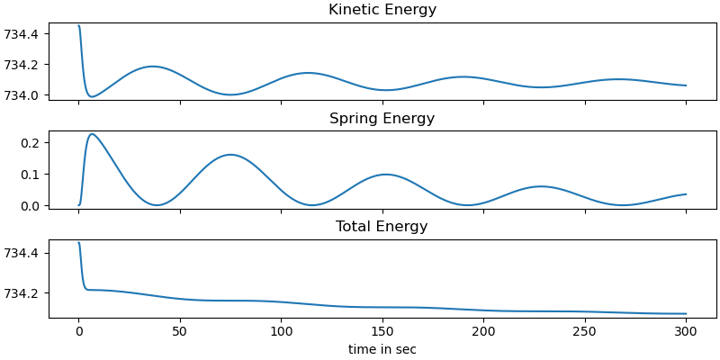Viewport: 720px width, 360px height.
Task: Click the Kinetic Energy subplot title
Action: (x=382, y=10)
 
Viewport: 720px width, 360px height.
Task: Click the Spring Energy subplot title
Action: (x=382, y=119)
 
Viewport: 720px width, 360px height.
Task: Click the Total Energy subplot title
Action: (x=382, y=227)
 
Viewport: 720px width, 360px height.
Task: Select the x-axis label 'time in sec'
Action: (x=382, y=349)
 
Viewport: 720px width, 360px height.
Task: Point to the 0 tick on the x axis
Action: (x=79, y=331)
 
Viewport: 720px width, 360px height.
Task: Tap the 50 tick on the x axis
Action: (x=180, y=331)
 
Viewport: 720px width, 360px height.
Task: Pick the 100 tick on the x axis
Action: (x=281, y=331)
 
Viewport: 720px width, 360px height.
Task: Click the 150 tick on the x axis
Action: (x=382, y=331)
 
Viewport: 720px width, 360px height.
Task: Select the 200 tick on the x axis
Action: (x=483, y=331)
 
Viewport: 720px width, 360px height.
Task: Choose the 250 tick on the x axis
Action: (x=585, y=331)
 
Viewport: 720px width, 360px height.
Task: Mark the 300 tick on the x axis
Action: (x=686, y=331)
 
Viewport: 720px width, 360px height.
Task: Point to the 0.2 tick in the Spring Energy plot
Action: (x=32, y=143)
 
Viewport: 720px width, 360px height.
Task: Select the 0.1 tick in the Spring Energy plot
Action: (x=32, y=174)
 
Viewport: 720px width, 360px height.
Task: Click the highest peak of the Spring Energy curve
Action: (x=92, y=134)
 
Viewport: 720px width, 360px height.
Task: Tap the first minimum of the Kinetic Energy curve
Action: (x=91, y=96)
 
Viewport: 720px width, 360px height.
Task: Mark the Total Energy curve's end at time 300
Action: (x=686, y=314)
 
